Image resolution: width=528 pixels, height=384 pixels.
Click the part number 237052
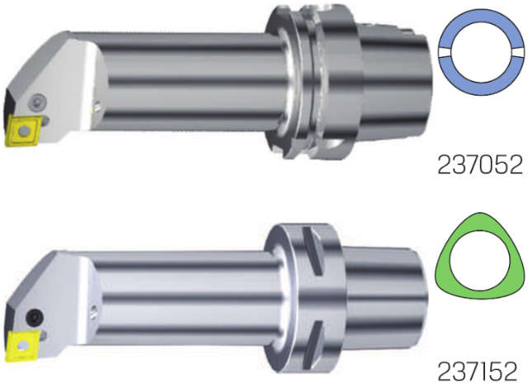480,165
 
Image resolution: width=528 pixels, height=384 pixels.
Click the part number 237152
477,371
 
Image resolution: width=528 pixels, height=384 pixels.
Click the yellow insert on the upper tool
23,130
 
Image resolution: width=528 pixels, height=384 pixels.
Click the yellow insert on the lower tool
22,345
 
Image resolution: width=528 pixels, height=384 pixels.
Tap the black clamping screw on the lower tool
35,317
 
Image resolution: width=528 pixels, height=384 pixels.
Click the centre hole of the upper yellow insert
24,130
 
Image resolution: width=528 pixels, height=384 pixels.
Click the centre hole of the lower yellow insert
23,345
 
